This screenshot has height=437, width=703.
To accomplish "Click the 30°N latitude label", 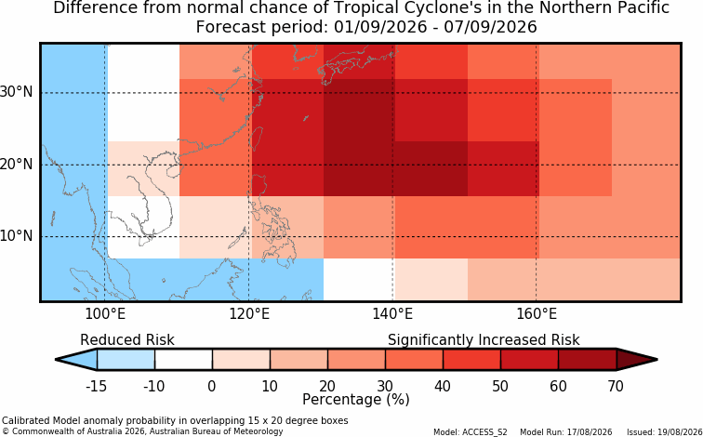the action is (x=16, y=92).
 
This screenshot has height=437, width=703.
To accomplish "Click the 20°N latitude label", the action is (x=16, y=164).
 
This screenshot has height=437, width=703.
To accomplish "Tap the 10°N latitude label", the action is (x=16, y=236).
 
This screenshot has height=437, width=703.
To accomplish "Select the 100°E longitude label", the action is (x=105, y=314).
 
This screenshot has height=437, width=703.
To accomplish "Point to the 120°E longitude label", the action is (x=249, y=314).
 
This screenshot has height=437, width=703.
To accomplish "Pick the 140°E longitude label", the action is (x=392, y=314).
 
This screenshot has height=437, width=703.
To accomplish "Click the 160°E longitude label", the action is (x=537, y=314).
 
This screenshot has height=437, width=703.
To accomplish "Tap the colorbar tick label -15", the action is (x=96, y=386).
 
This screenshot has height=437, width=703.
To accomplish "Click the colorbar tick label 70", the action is (x=616, y=386).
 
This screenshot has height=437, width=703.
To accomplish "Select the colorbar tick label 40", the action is (x=443, y=386).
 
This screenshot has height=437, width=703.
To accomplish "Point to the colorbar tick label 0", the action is (x=212, y=386).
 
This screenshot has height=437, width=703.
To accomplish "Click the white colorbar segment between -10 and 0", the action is (x=183, y=360).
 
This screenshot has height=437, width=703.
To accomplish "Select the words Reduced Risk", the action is (x=127, y=339).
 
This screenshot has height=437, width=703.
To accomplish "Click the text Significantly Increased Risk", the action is (x=484, y=340).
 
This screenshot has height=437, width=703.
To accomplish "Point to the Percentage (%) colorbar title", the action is (x=356, y=400).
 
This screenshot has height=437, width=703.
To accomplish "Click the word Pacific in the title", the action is (x=643, y=7).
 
